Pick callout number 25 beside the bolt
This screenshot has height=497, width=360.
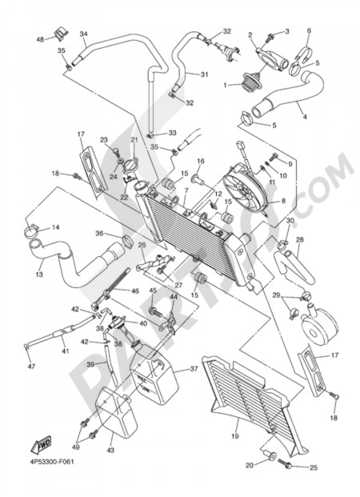point(314,468)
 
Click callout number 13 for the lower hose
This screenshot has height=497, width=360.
point(39,274)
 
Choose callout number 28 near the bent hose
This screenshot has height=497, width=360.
point(300,240)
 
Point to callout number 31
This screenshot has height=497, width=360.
point(204,75)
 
